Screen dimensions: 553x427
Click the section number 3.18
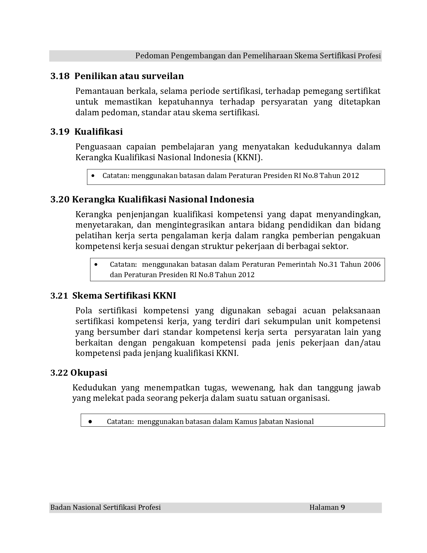click(x=60, y=76)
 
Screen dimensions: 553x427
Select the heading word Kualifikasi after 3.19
click(x=98, y=132)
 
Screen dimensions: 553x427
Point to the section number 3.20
click(x=60, y=200)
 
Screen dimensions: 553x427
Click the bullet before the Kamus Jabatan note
click(x=90, y=421)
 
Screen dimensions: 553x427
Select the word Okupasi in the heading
click(x=89, y=373)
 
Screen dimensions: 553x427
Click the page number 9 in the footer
click(x=343, y=507)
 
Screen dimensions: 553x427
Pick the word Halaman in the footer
click(x=324, y=507)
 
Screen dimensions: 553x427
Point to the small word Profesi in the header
click(x=369, y=56)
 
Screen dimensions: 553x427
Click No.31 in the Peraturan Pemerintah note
click(x=328, y=264)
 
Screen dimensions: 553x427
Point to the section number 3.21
click(x=59, y=296)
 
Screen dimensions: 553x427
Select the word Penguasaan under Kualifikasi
click(x=97, y=147)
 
